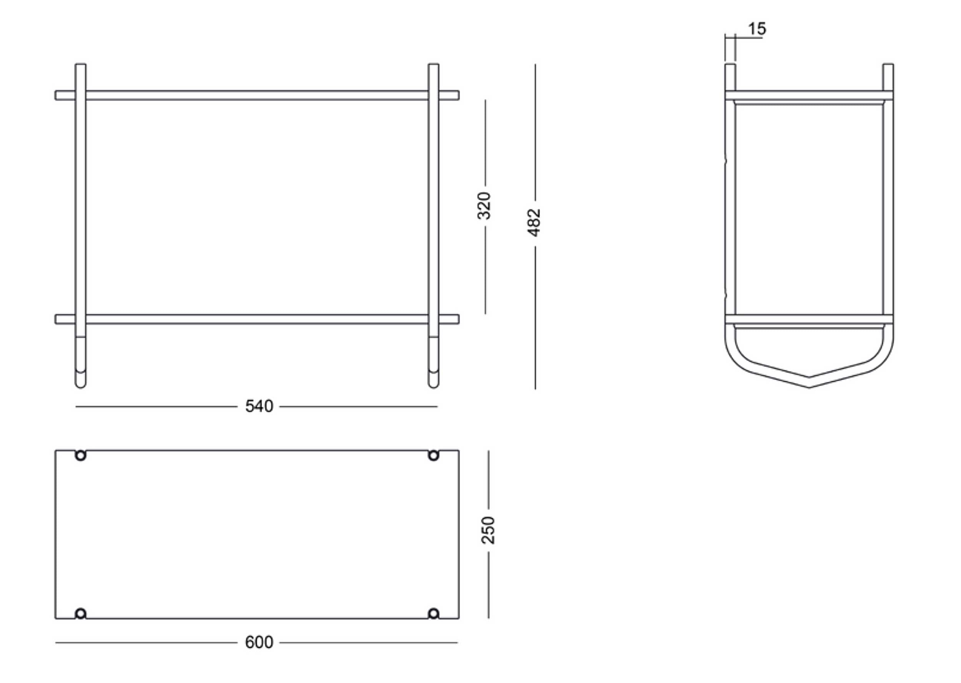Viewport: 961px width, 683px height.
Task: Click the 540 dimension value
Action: [259, 406]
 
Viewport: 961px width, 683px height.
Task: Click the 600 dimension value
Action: [259, 642]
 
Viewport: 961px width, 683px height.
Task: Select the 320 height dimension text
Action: [484, 206]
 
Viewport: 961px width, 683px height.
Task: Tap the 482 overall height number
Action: [534, 223]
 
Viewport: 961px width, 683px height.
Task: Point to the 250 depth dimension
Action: [488, 530]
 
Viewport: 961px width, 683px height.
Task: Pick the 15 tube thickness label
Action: [757, 28]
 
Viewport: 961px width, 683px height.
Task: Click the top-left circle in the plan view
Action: [80, 455]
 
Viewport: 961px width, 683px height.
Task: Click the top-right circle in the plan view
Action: [434, 455]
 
